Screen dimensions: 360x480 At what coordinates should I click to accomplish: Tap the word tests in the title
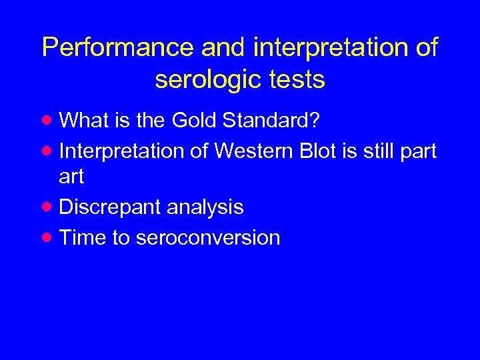[297, 80]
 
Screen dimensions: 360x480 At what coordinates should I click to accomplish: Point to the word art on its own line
[71, 177]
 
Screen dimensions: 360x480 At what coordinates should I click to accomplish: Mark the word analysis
[205, 207]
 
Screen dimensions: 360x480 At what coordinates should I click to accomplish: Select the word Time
[83, 238]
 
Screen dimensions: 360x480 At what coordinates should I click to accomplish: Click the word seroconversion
[207, 238]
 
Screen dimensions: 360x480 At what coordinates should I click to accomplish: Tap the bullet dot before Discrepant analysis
[47, 206]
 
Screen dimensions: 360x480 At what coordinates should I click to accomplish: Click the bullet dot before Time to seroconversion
[47, 237]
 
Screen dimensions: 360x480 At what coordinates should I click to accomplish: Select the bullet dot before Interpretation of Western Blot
[47, 151]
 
